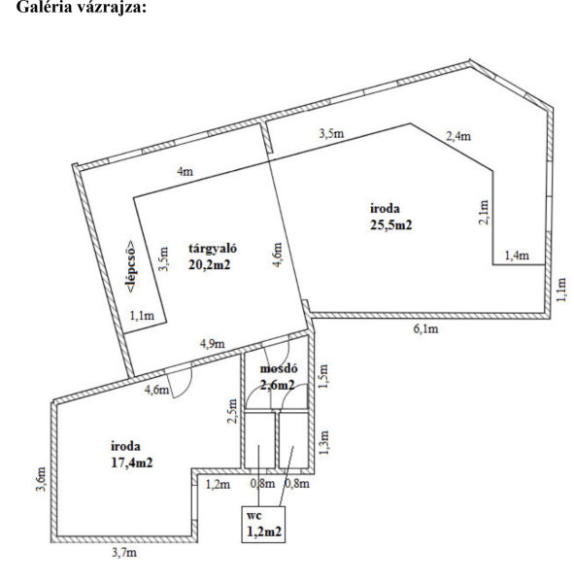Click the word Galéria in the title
pyautogui.click(x=44, y=7)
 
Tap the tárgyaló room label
pyautogui.click(x=213, y=249)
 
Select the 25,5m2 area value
pyautogui.click(x=391, y=225)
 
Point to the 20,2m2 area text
pyautogui.click(x=210, y=264)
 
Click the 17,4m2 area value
pyautogui.click(x=132, y=463)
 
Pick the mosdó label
pyautogui.click(x=279, y=368)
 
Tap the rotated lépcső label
pyautogui.click(x=130, y=266)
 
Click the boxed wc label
pyautogui.click(x=254, y=516)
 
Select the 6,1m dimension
pyautogui.click(x=426, y=328)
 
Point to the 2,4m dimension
pyautogui.click(x=458, y=136)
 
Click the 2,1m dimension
pyautogui.click(x=484, y=212)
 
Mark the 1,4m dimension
pyautogui.click(x=517, y=256)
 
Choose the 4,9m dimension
pyautogui.click(x=213, y=344)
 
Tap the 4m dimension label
pyautogui.click(x=186, y=171)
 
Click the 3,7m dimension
pyautogui.click(x=124, y=553)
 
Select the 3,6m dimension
pyautogui.click(x=41, y=479)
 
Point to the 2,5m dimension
pyautogui.click(x=232, y=411)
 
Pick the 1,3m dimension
pyautogui.click(x=323, y=442)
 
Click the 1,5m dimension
pyautogui.click(x=323, y=376)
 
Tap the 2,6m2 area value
pyautogui.click(x=278, y=385)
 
